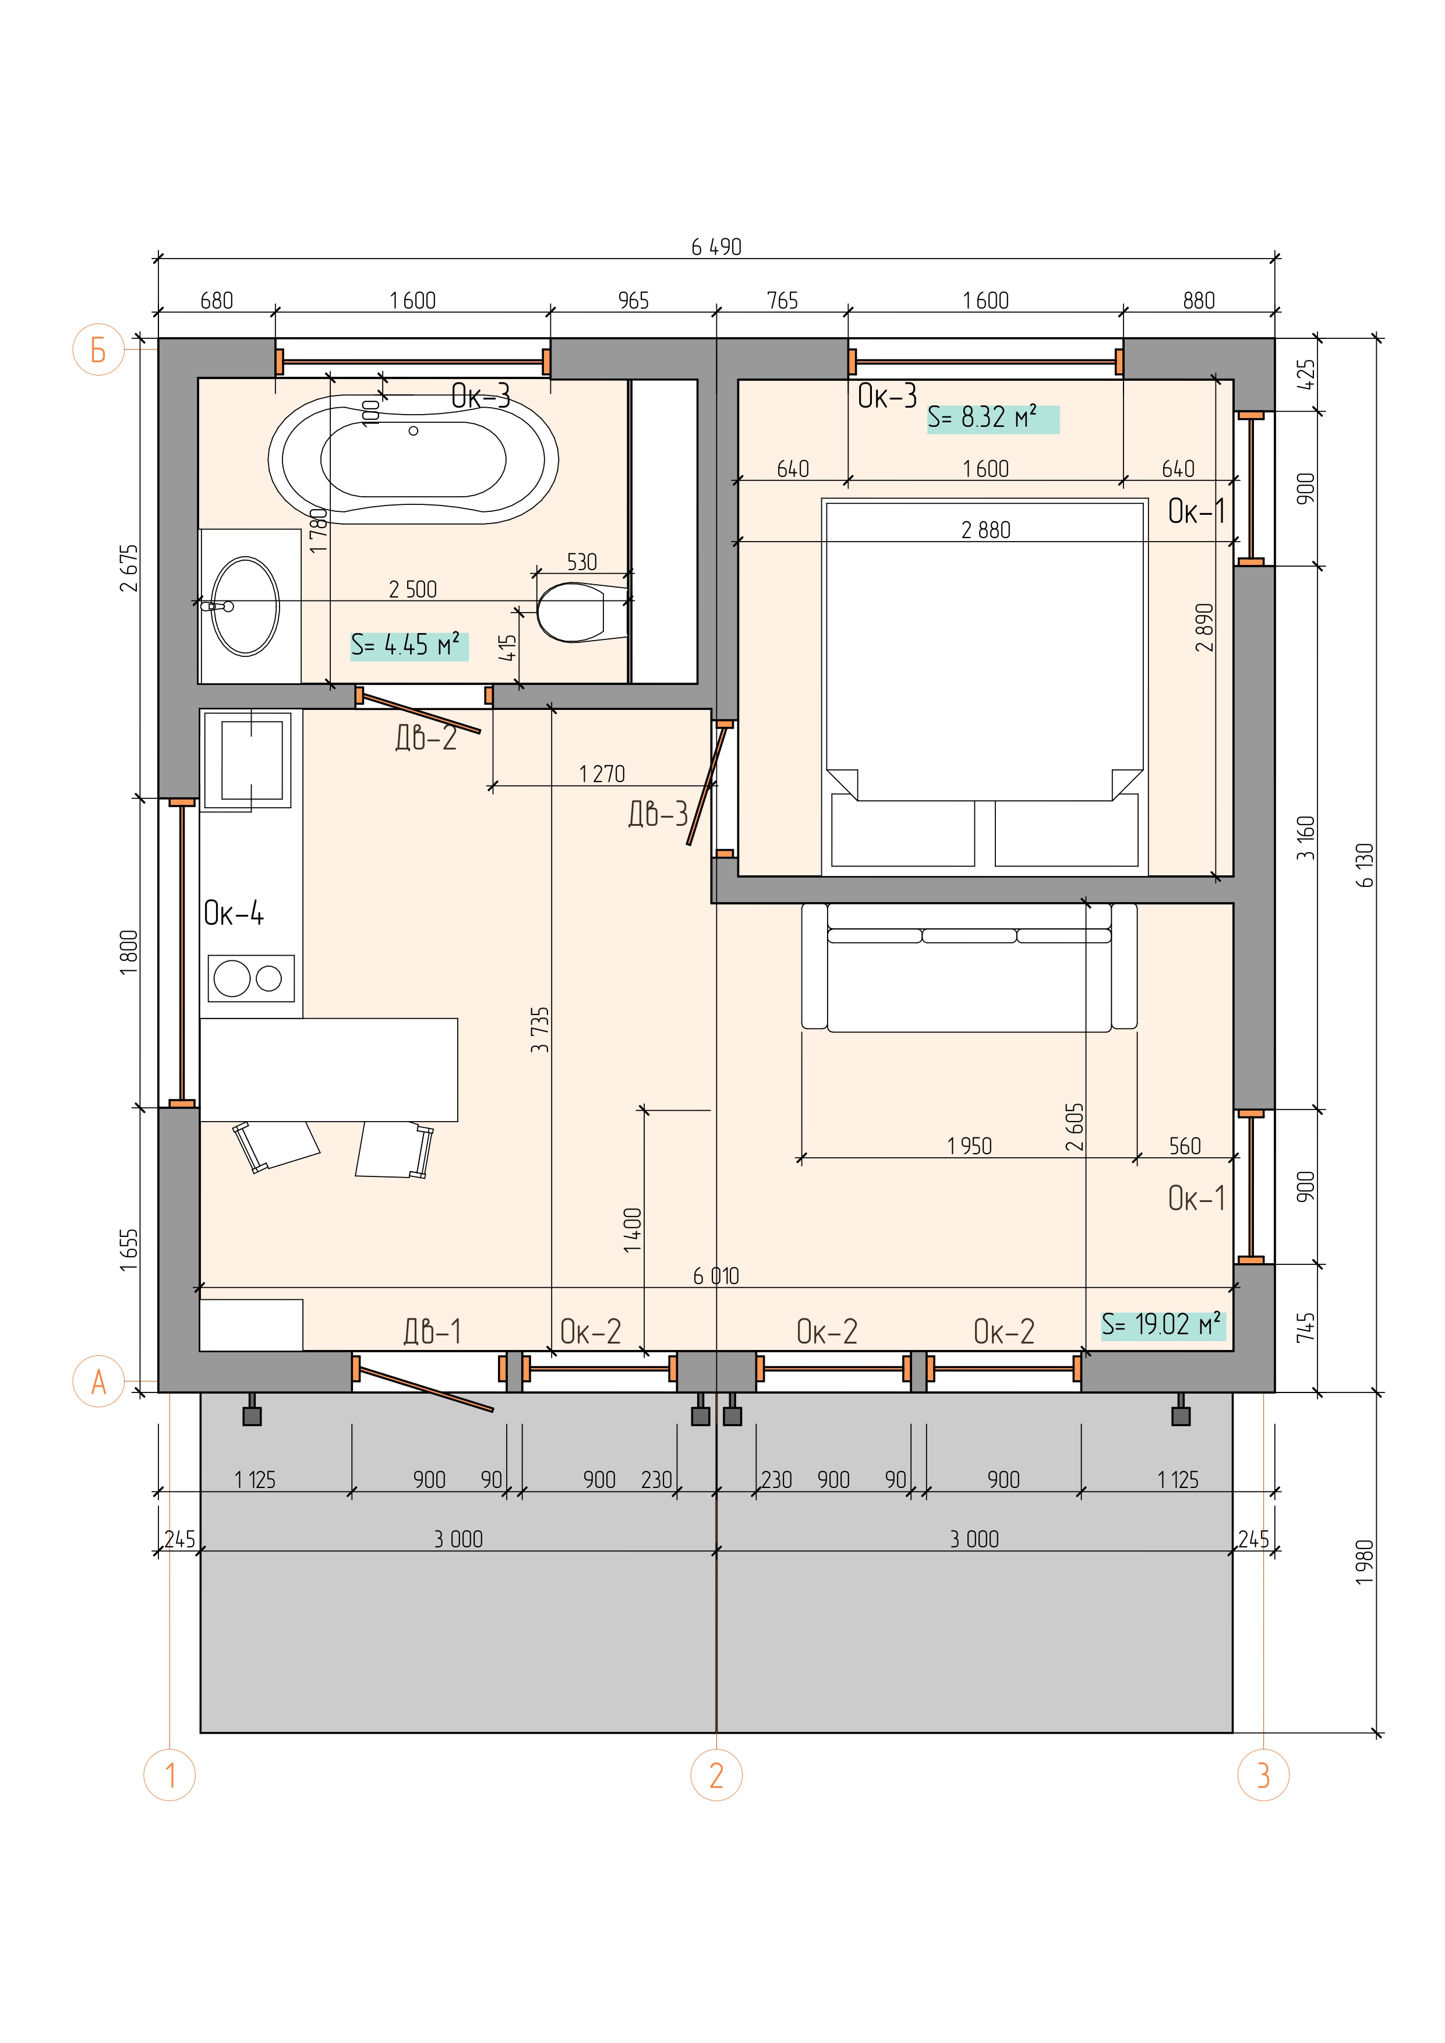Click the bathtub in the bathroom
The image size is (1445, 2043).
coord(413,459)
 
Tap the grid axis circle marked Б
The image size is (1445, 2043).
coord(98,349)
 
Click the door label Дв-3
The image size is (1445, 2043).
coord(659,813)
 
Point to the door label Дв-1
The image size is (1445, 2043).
coord(432,1331)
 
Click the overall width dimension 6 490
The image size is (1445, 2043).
coord(716,246)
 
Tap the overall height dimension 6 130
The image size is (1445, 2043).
coord(1365,865)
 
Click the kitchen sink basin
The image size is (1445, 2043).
coord(252,760)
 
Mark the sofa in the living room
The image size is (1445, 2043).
coord(969,967)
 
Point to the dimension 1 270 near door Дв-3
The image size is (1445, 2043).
coord(602,774)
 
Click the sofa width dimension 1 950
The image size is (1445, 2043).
coord(969,1146)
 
